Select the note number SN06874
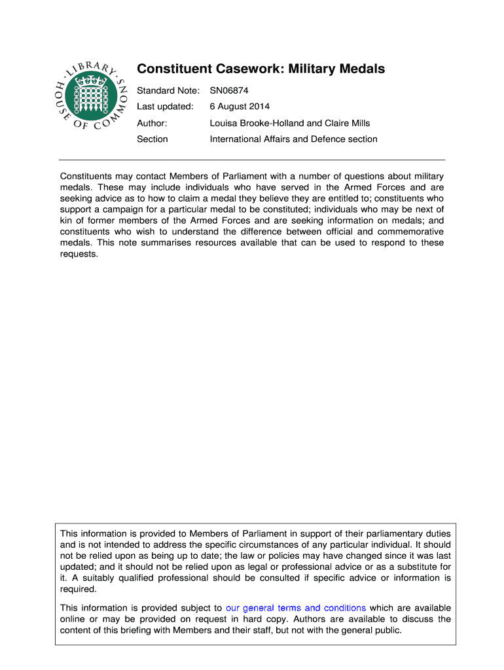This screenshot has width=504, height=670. click(229, 90)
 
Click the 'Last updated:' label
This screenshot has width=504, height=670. click(165, 106)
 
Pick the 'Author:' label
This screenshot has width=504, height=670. click(152, 123)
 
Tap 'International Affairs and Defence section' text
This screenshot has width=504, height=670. click(293, 139)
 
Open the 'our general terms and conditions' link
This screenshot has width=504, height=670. click(295, 608)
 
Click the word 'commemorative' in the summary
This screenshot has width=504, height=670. click(412, 232)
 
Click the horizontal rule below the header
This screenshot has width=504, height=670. click(252, 160)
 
